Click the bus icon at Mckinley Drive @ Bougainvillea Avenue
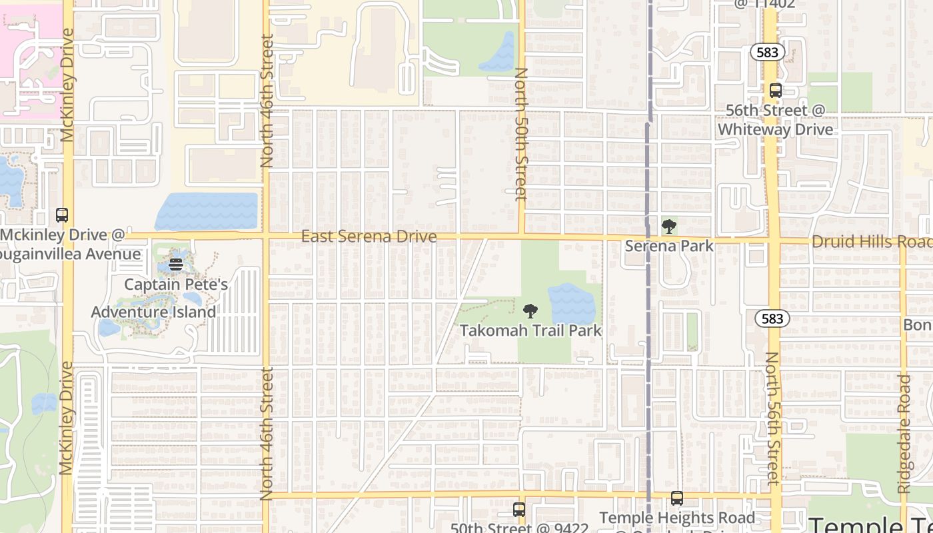click(x=62, y=215)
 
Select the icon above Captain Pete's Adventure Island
click(x=175, y=265)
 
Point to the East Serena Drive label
click(x=369, y=237)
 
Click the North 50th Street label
click(x=521, y=133)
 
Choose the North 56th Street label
click(x=772, y=418)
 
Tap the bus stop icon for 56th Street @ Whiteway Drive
click(x=775, y=91)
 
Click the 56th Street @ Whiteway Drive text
click(x=775, y=120)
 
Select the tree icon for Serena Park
click(x=669, y=227)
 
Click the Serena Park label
click(x=669, y=246)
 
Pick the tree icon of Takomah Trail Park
click(x=530, y=310)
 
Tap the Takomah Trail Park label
click(x=530, y=330)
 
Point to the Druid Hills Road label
click(x=870, y=242)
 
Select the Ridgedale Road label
click(x=904, y=434)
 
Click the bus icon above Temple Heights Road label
click(x=677, y=498)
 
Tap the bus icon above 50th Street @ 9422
click(x=519, y=510)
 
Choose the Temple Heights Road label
click(x=677, y=518)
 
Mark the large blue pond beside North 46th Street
click(x=207, y=211)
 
